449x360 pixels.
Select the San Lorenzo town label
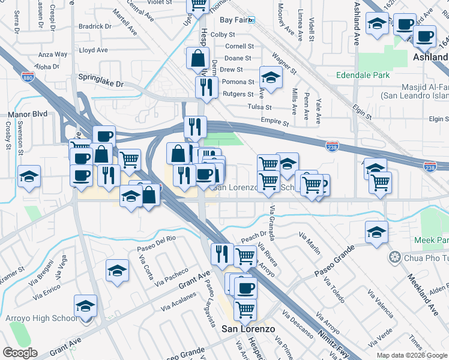pyautogui.click(x=248, y=329)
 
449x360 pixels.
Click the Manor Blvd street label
pyautogui.click(x=27, y=113)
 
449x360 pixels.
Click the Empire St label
pyautogui.click(x=275, y=122)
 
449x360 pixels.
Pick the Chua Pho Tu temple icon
pyautogui.click(x=394, y=257)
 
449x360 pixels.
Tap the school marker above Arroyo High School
pyautogui.click(x=85, y=306)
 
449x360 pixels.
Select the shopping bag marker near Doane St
pyautogui.click(x=197, y=59)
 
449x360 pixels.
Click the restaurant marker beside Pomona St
pyautogui.click(x=206, y=87)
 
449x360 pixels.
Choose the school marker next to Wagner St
pyautogui.click(x=271, y=77)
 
